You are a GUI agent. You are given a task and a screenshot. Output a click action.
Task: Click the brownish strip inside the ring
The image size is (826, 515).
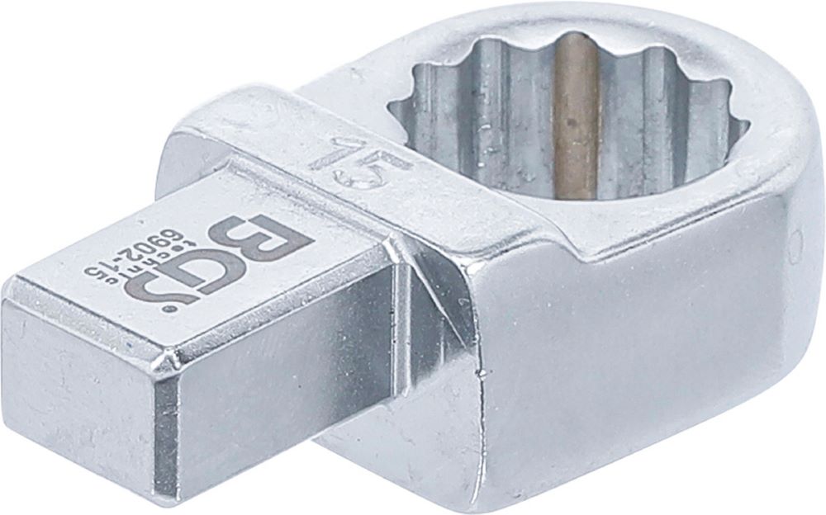575,116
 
